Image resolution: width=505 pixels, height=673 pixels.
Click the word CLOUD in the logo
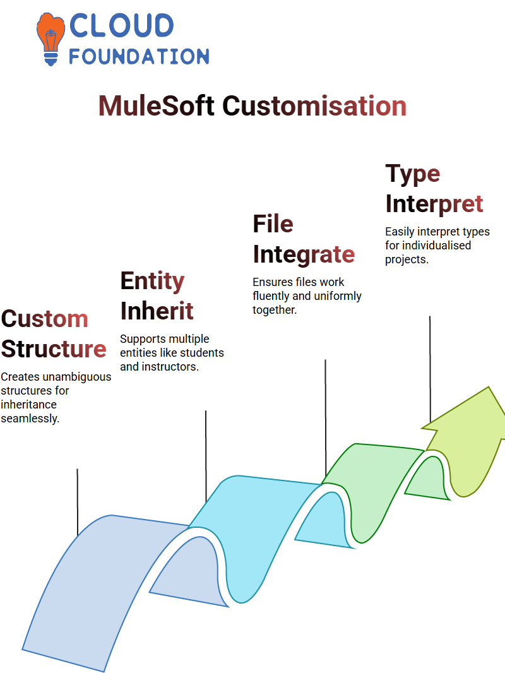click(x=121, y=25)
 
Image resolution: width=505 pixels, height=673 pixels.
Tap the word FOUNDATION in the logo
click(x=139, y=56)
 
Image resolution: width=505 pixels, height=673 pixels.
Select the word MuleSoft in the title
click(x=156, y=105)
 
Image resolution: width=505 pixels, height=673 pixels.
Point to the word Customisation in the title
click(x=314, y=105)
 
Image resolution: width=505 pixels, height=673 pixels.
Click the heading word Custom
click(x=45, y=319)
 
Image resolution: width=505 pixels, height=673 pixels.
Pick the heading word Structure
click(x=54, y=348)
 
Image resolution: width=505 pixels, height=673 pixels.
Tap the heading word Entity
click(x=152, y=282)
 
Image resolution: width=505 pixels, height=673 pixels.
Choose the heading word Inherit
click(x=157, y=311)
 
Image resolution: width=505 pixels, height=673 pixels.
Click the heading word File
click(x=273, y=223)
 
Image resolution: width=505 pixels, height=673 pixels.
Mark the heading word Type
click(x=413, y=174)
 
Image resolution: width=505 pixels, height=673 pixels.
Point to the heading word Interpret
click(x=434, y=204)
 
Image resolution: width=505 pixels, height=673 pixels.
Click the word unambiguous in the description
click(x=83, y=377)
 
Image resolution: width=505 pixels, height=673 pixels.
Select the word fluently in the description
click(x=271, y=296)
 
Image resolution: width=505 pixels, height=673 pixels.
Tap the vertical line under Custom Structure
click(x=77, y=502)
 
